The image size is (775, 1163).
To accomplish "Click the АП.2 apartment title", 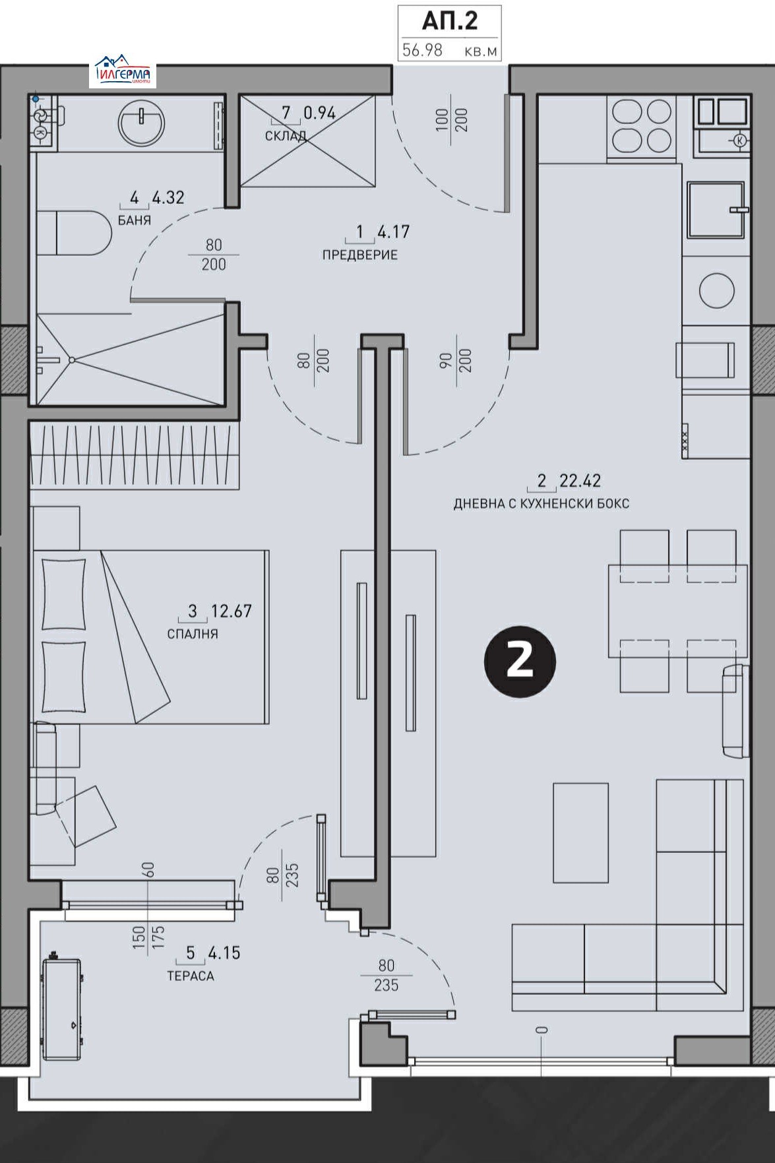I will tap(449, 21).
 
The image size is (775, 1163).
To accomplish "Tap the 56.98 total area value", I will tap(422, 50).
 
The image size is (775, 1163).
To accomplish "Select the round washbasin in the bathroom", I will tap(141, 123).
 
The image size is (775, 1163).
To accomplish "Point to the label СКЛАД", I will tap(285, 137).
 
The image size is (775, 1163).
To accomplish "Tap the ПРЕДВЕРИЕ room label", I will tap(359, 255).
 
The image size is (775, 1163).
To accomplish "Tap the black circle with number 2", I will tap(520, 661).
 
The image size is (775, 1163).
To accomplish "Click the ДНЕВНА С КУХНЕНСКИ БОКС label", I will tap(541, 503).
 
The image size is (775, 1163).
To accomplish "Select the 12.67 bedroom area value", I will tap(231, 611).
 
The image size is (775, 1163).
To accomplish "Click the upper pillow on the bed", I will tap(63, 594).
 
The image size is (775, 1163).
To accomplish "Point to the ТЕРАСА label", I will tap(191, 976).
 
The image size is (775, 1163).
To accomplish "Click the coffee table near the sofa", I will tap(580, 832).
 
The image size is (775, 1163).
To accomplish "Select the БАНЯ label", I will tap(135, 220).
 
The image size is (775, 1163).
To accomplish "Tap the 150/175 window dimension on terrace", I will tap(148, 937).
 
